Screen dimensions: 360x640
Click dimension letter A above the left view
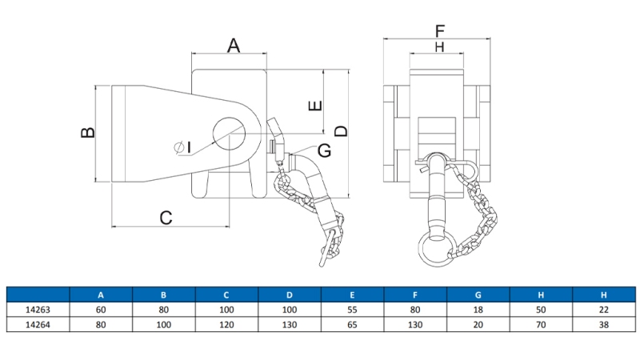click(233, 46)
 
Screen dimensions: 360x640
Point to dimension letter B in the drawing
click(88, 132)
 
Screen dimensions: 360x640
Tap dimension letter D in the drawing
click(341, 130)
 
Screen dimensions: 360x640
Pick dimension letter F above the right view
click(439, 31)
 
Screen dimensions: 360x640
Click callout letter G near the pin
click(324, 150)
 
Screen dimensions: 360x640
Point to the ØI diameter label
click(182, 146)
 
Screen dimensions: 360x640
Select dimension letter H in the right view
click(438, 48)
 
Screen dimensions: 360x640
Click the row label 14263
click(38, 310)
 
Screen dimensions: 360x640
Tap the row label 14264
click(38, 325)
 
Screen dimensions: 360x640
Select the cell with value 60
click(101, 310)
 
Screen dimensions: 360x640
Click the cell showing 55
click(352, 310)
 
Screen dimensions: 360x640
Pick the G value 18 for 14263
click(478, 310)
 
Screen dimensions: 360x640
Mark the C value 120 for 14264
click(226, 325)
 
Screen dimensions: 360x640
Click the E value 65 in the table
click(352, 325)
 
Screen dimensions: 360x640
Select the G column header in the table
click(478, 294)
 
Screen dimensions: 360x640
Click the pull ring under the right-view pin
click(437, 249)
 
